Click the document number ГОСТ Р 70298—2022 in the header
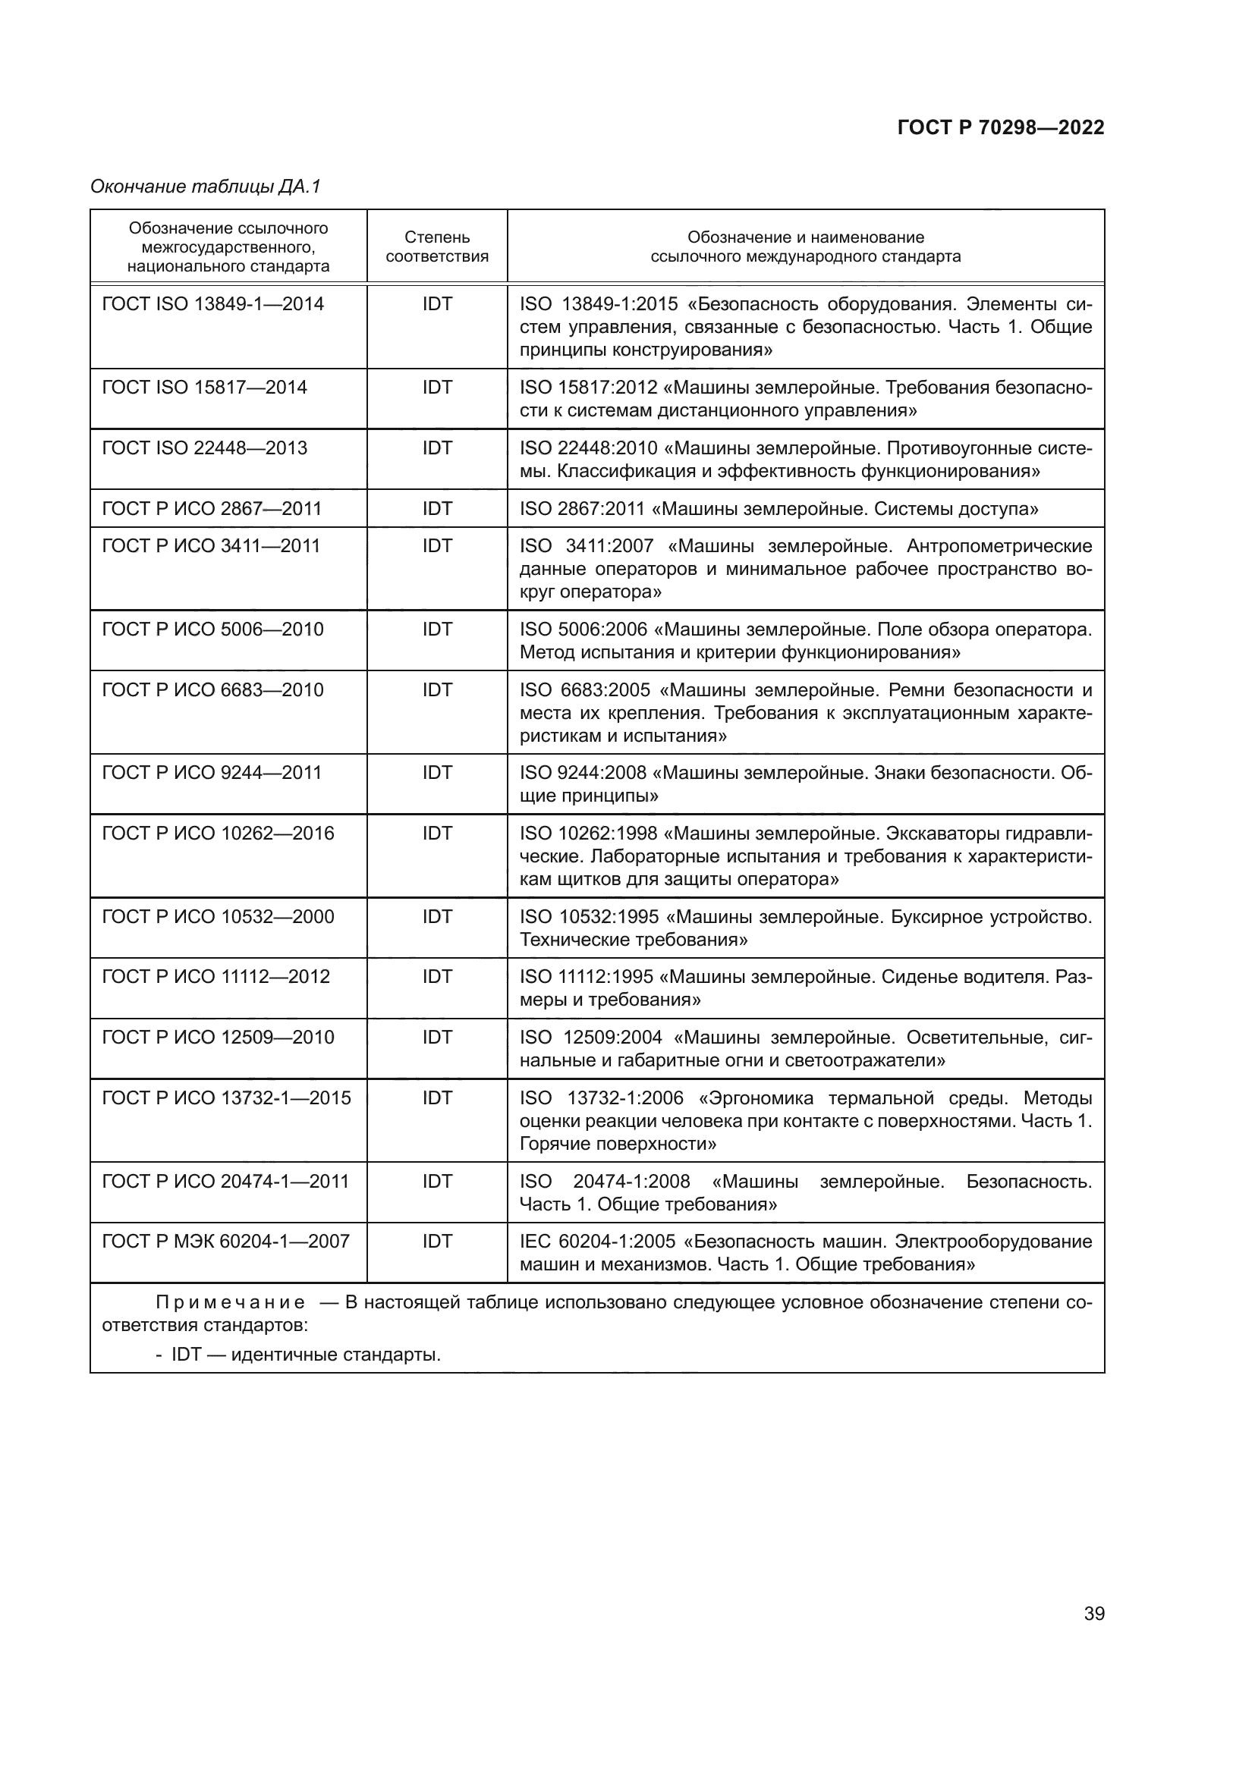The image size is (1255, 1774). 1000,127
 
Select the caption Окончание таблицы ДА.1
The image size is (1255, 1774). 206,187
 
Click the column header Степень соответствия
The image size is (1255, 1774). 436,246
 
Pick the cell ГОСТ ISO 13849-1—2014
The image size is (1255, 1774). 212,304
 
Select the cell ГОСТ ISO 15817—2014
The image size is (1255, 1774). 205,388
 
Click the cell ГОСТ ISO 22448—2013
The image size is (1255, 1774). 205,448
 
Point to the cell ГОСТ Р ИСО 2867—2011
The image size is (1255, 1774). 212,508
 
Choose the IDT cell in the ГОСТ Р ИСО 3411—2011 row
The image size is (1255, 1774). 436,546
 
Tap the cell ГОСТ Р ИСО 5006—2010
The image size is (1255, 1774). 212,630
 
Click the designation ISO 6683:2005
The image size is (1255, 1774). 585,690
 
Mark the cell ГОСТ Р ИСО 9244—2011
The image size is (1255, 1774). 212,773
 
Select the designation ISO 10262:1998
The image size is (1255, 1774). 588,834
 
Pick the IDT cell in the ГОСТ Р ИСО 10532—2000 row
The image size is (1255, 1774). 436,917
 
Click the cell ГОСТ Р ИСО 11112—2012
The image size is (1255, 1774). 215,977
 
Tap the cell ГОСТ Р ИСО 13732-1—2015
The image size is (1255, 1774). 226,1098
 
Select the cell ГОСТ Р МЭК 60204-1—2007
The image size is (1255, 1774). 225,1242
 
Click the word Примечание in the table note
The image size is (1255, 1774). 231,1303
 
